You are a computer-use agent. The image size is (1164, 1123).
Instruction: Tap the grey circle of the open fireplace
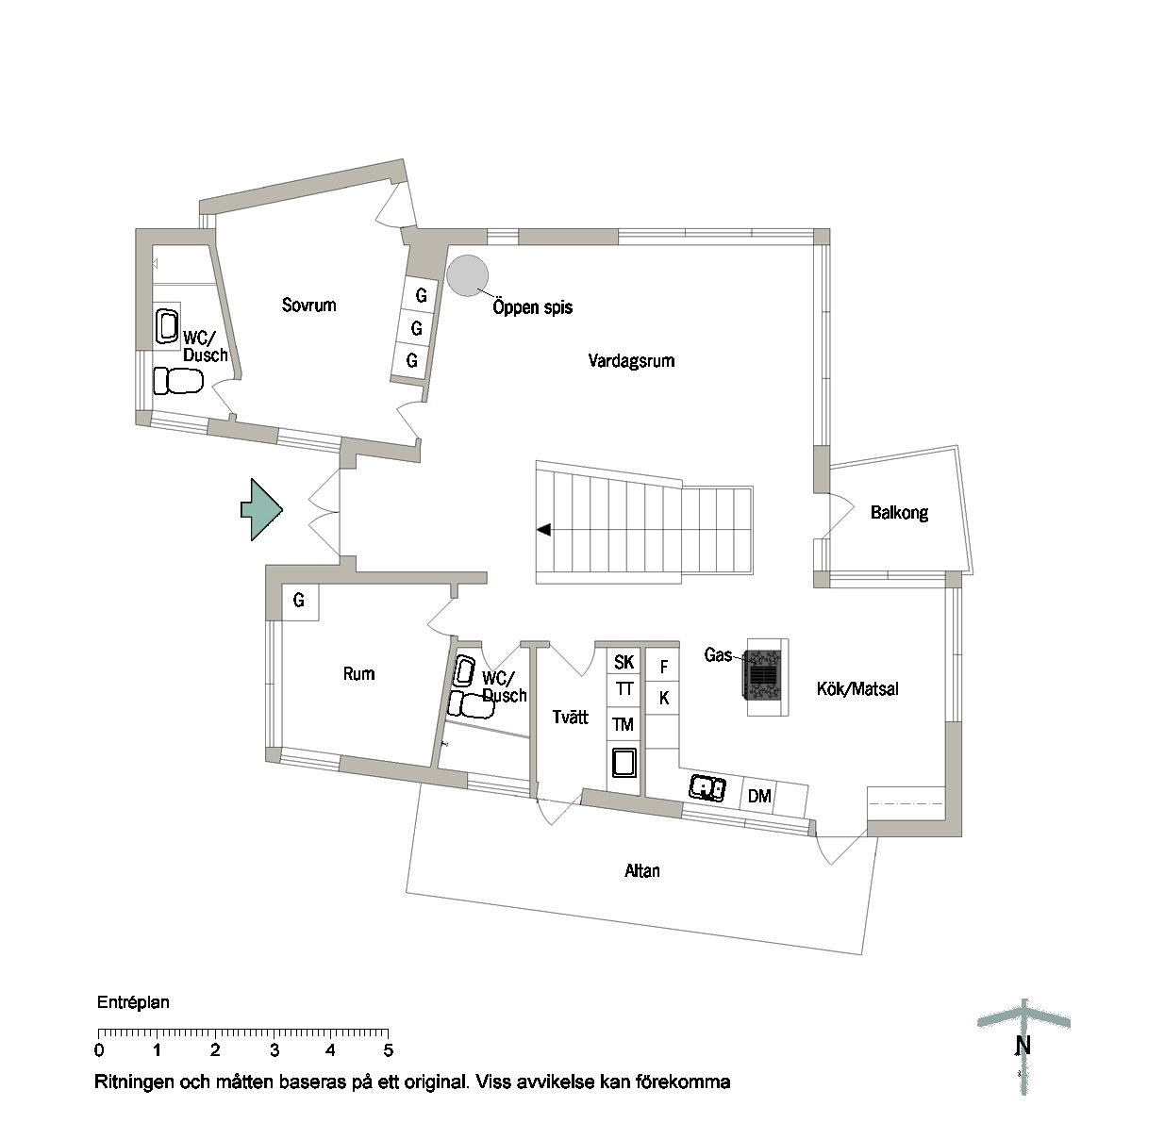click(x=467, y=275)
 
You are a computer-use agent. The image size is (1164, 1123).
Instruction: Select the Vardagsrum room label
click(x=631, y=361)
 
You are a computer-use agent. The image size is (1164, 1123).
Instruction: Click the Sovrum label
click(x=308, y=305)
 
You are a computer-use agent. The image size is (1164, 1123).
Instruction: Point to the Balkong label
click(x=899, y=513)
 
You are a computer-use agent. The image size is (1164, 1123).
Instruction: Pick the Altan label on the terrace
click(x=641, y=870)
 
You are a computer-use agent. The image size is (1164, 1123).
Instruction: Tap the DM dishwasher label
click(x=759, y=796)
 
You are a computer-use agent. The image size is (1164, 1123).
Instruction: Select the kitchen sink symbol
click(x=707, y=787)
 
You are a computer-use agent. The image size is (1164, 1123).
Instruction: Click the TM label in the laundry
click(x=623, y=725)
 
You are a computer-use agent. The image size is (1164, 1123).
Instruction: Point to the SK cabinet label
click(x=624, y=662)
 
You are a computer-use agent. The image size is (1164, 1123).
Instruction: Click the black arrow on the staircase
click(x=543, y=530)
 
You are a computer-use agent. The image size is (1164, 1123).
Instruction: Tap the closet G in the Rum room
click(x=299, y=600)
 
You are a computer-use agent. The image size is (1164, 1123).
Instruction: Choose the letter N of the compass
click(x=1023, y=1046)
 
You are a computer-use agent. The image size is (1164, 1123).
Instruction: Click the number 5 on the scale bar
click(x=389, y=1050)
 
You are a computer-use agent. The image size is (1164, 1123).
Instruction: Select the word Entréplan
click(x=133, y=1003)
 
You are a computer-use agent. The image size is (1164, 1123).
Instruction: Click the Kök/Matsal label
click(x=857, y=689)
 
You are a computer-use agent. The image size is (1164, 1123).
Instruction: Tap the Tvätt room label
click(x=570, y=717)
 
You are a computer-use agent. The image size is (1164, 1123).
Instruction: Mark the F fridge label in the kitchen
click(x=663, y=667)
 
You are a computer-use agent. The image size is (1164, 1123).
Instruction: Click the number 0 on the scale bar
click(x=99, y=1050)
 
